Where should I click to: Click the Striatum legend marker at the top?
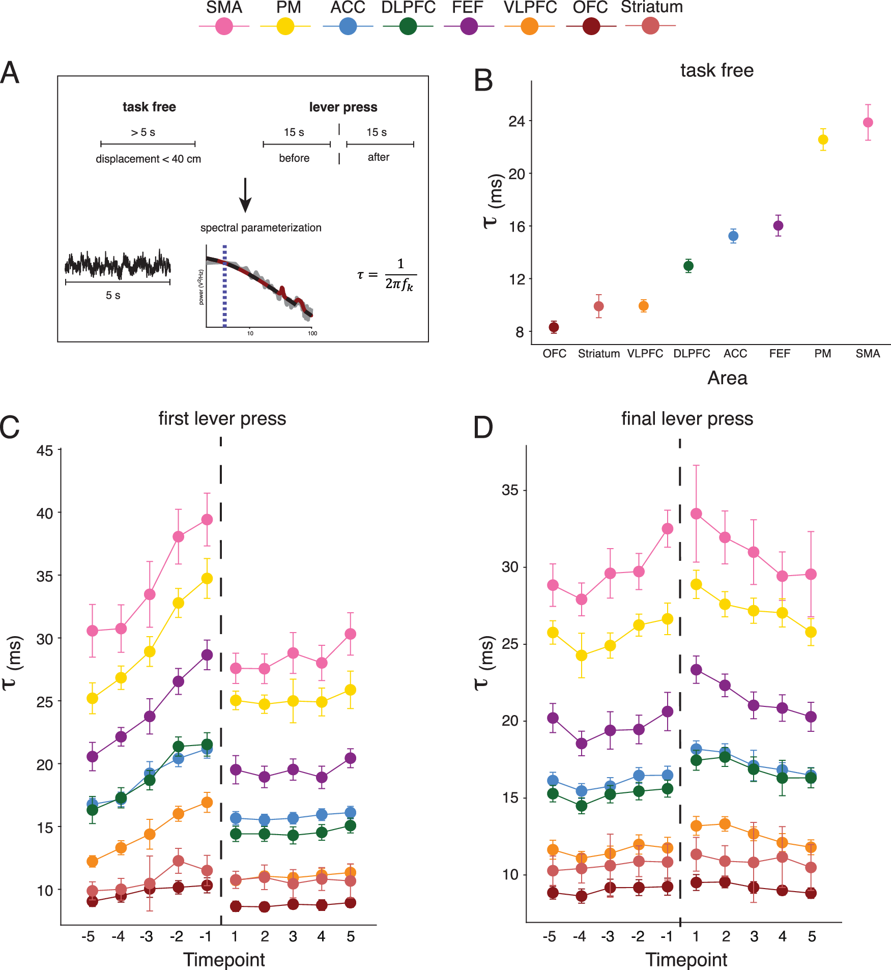(650, 25)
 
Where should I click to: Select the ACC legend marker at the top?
(348, 26)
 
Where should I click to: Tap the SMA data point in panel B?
(868, 123)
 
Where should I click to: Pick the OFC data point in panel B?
(554, 327)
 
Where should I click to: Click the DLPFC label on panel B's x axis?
(692, 354)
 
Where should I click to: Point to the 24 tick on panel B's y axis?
(516, 121)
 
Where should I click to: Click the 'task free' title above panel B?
(716, 70)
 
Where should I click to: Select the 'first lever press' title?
(222, 418)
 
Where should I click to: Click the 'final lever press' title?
(687, 418)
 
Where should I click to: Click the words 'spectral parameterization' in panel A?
(261, 227)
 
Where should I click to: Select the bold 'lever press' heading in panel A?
(343, 107)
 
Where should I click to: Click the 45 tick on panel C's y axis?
(45, 451)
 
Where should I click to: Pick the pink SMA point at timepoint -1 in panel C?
(207, 520)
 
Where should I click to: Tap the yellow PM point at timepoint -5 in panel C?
(92, 698)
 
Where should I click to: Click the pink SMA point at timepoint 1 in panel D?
(696, 514)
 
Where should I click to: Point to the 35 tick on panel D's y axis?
(510, 490)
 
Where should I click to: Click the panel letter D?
(483, 427)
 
